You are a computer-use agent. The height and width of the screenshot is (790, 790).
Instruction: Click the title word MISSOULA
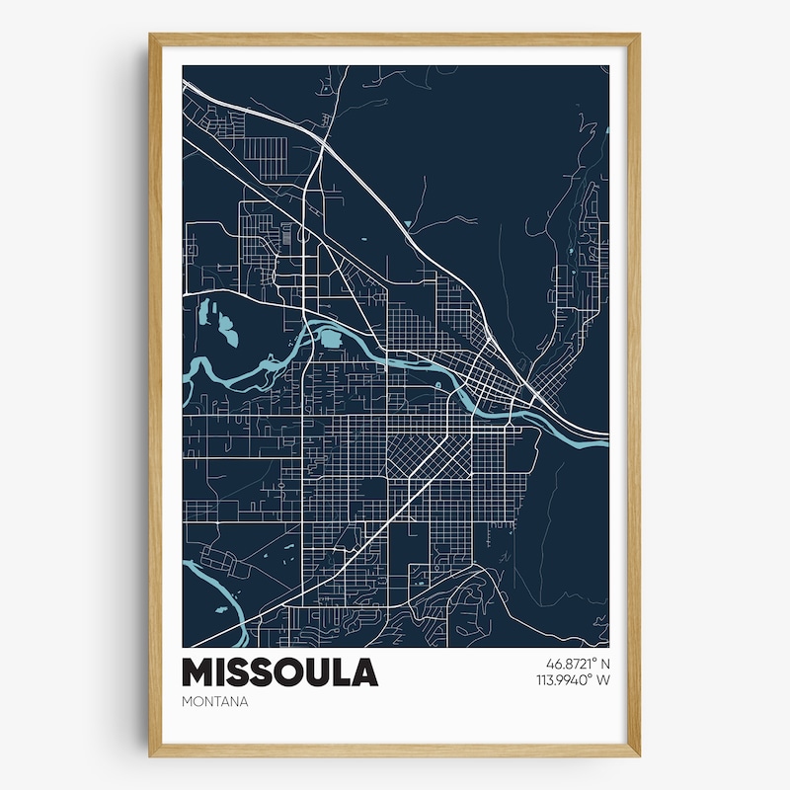coord(279,672)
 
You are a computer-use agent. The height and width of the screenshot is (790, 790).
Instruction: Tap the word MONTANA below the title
coord(214,702)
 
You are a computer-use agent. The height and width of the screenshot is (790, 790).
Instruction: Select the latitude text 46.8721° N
coord(571,664)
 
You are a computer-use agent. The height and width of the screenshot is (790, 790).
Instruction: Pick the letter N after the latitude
coord(604,664)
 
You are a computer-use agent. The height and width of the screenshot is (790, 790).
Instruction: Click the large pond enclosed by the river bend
coord(328,339)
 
